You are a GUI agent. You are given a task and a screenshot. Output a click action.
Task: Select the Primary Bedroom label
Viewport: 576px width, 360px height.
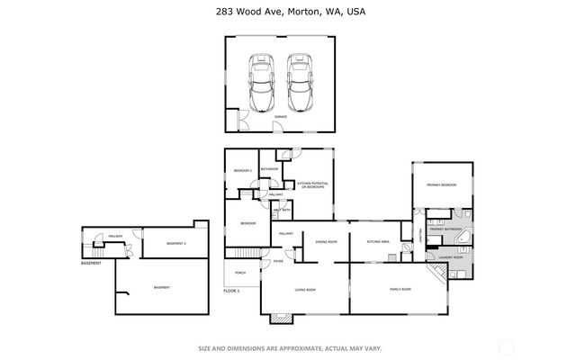442,184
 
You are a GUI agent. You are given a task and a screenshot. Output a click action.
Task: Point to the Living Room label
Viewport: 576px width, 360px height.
305,290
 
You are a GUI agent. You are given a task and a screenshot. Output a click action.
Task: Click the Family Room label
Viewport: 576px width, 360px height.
400,289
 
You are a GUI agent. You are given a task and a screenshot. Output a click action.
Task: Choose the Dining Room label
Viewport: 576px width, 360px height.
326,242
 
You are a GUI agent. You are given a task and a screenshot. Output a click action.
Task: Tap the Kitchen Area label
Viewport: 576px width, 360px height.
377,242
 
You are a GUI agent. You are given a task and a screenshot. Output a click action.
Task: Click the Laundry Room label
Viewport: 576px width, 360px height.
450,257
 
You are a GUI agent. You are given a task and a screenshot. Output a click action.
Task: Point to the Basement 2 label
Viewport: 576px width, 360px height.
177,244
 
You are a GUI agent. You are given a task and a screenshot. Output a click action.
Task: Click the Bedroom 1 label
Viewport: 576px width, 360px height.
243,170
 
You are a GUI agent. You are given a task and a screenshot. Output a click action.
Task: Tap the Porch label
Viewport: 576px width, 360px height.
240,272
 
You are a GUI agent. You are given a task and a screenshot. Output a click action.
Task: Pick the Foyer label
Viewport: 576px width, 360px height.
278,262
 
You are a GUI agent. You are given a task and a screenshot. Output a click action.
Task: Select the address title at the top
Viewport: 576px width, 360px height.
288,12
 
